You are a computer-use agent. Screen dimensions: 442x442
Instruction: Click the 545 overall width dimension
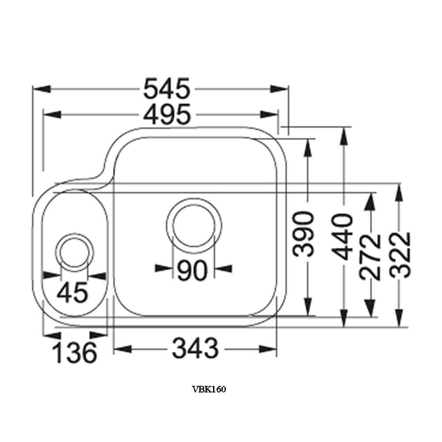point(167,89)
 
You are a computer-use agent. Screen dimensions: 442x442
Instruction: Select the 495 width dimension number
point(167,114)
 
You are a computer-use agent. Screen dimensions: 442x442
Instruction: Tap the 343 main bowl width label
point(195,349)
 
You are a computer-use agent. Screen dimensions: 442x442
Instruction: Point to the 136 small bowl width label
point(74,353)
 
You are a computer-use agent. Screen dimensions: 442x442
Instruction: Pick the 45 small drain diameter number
point(73,292)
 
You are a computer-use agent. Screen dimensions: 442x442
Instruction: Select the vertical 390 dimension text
point(305,234)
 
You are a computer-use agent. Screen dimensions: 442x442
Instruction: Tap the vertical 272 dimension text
point(370,256)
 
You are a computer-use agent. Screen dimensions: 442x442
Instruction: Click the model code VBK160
point(209,389)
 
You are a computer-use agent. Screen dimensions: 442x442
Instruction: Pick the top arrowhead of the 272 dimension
point(370,201)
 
